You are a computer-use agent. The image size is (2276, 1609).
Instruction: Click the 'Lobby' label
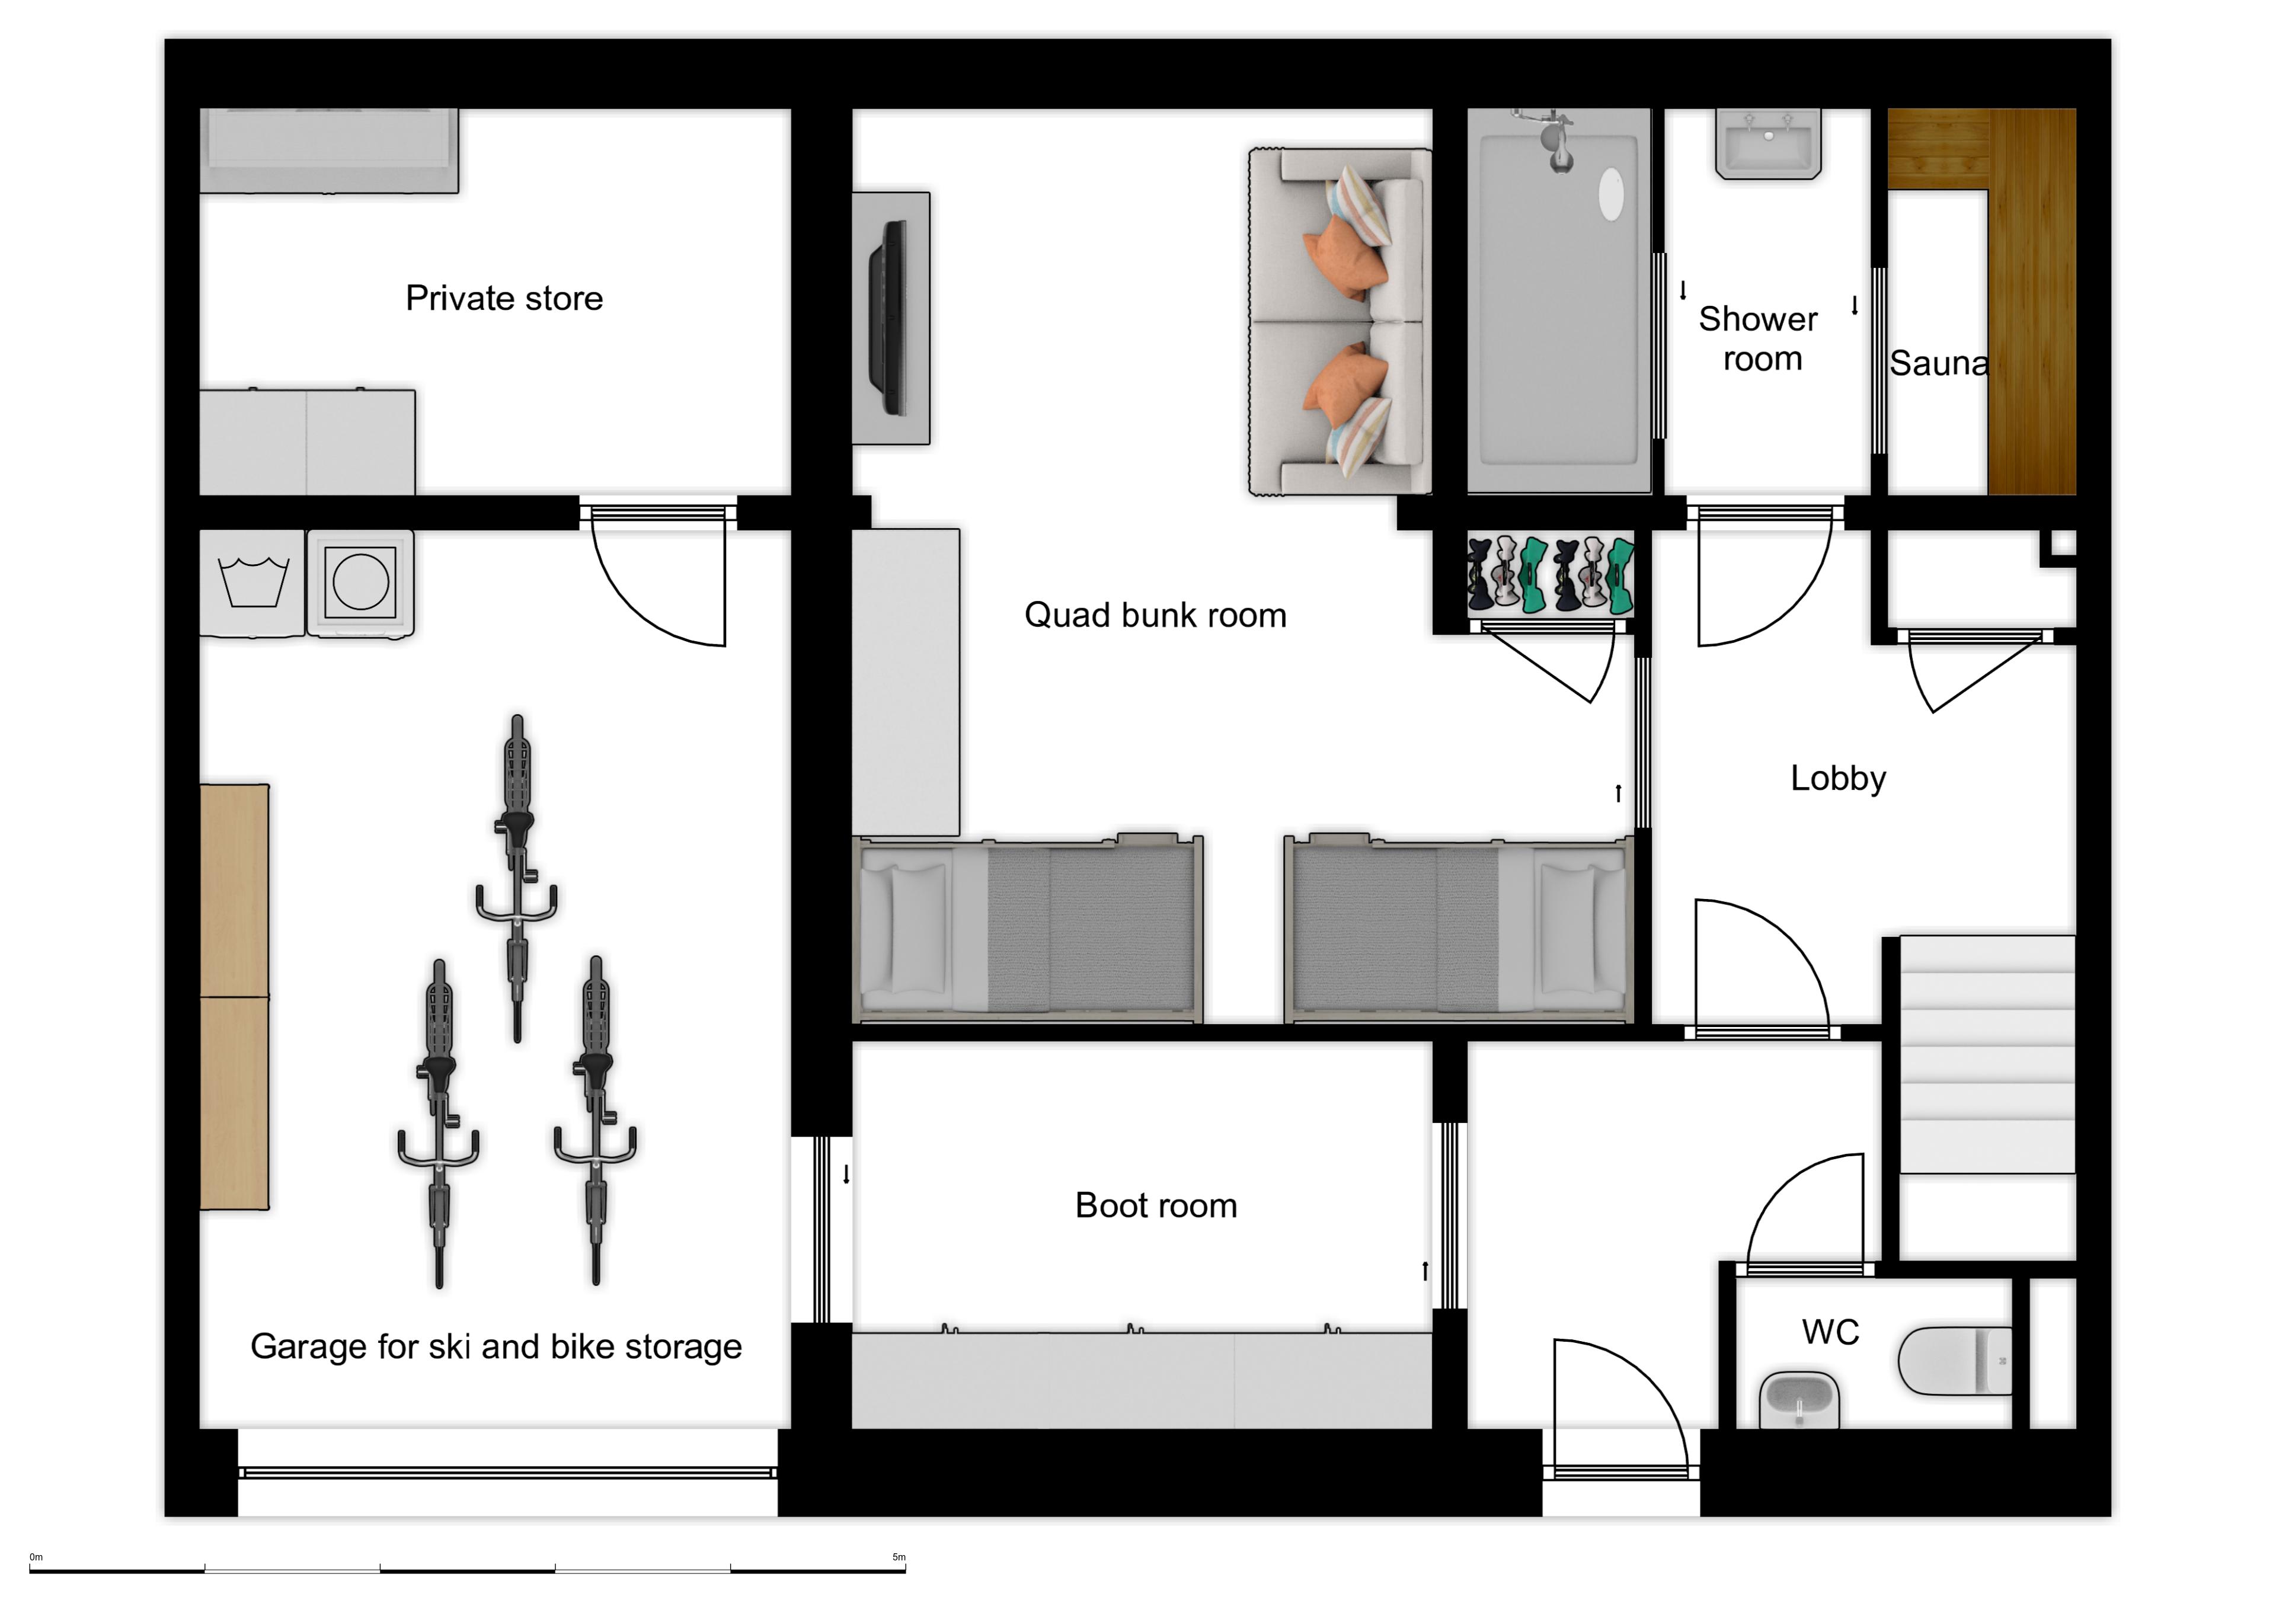1838,778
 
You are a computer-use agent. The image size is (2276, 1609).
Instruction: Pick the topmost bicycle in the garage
516,877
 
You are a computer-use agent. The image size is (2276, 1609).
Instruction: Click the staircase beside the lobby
1987,1054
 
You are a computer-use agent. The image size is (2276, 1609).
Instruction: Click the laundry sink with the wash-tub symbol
252,583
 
